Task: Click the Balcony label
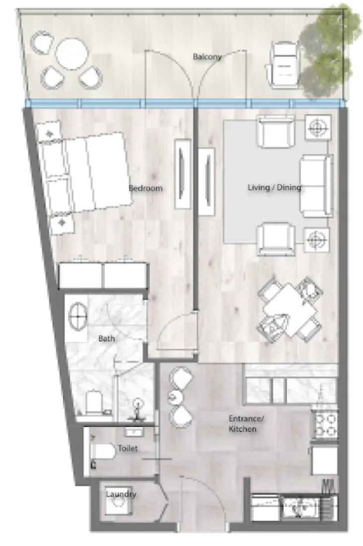(207, 57)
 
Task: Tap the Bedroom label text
(145, 188)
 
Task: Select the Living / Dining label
(274, 188)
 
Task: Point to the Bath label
(106, 339)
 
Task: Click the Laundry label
(121, 494)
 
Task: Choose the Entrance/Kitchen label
(245, 423)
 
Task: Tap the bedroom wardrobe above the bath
(103, 276)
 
